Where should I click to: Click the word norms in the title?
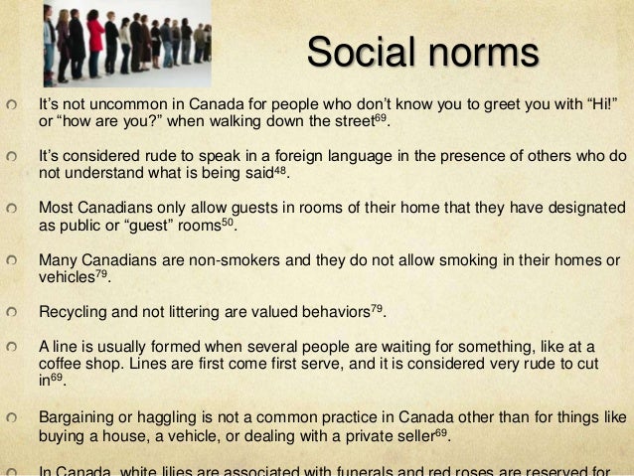point(485,52)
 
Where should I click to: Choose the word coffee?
point(62,364)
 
